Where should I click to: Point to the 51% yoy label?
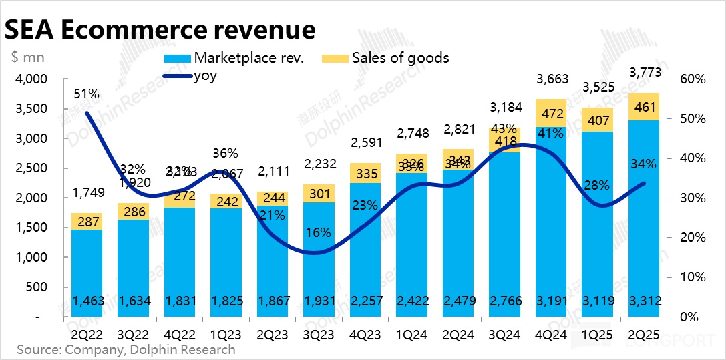tap(87, 94)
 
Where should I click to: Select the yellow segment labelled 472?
tap(552, 113)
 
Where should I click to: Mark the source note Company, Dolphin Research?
tap(126, 349)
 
